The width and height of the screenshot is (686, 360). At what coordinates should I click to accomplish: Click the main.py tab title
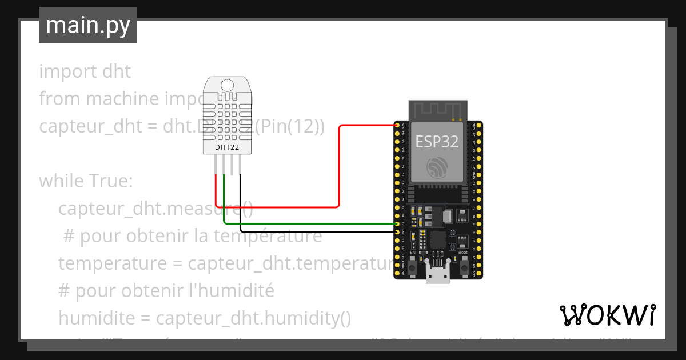[87, 25]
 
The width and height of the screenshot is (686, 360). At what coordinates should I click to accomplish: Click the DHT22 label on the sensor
[227, 147]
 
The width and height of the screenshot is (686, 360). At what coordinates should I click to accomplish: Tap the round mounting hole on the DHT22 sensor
[227, 86]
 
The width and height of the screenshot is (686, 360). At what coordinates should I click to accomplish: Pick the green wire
[309, 224]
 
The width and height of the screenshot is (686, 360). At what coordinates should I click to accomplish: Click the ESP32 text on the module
[437, 141]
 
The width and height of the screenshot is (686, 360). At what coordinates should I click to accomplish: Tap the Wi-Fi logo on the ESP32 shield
[437, 167]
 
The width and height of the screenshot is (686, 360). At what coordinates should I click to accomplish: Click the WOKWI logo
[607, 315]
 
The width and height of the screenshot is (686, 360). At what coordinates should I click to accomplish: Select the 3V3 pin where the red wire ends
[397, 125]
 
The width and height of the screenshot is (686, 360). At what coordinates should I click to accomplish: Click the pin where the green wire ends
[397, 224]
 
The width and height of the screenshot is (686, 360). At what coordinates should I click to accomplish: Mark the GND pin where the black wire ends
[397, 231]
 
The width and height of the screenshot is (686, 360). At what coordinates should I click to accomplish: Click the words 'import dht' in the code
[85, 71]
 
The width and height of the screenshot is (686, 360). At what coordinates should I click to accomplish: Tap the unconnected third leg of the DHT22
[232, 165]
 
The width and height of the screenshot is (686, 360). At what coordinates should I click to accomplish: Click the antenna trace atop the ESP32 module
[437, 109]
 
